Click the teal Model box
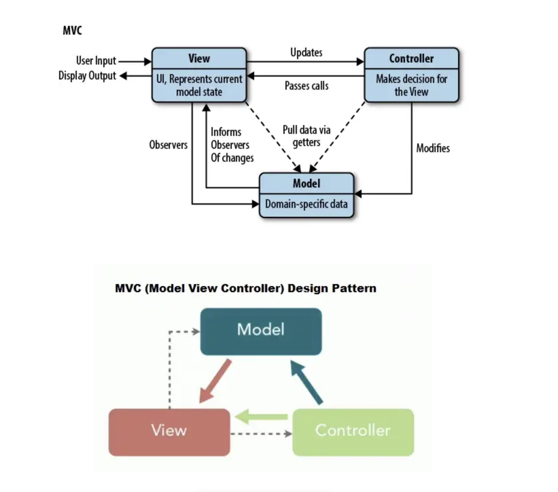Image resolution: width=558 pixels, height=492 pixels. (261, 332)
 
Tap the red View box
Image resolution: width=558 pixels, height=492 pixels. (169, 432)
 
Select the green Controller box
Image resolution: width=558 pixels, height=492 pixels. (353, 432)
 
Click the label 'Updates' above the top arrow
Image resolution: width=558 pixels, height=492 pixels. (306, 53)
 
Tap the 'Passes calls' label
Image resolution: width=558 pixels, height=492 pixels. (307, 86)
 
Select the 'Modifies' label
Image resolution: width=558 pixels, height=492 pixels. (433, 148)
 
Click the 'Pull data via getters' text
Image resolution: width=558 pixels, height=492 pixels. (307, 136)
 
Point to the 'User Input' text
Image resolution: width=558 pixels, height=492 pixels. (96, 61)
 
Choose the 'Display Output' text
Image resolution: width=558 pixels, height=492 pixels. (87, 75)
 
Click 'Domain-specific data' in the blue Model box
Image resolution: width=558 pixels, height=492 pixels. (306, 204)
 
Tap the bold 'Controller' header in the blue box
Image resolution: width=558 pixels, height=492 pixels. (411, 58)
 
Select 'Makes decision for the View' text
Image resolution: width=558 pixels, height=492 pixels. (411, 85)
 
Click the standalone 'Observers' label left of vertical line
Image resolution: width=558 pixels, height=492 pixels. (168, 145)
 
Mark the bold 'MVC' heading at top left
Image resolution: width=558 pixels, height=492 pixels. (72, 31)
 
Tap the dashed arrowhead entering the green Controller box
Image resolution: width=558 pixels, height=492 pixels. (289, 434)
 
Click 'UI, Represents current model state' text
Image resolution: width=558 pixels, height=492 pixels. (199, 85)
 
